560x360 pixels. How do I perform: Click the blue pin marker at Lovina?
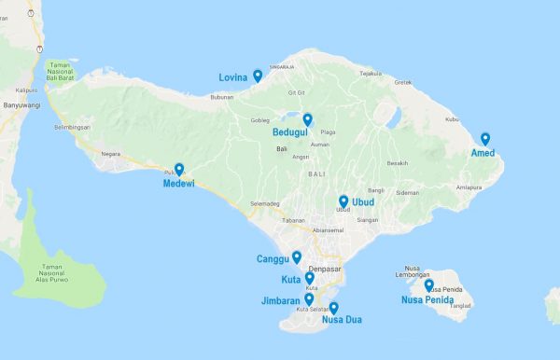(x=257, y=76)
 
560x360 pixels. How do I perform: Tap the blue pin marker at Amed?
(x=485, y=139)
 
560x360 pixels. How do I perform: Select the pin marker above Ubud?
(x=343, y=201)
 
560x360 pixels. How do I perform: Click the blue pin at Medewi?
(x=179, y=170)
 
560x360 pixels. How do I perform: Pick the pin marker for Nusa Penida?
(x=428, y=285)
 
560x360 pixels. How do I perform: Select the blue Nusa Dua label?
(x=341, y=320)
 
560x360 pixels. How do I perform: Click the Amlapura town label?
(x=469, y=187)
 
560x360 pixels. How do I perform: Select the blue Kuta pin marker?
(x=309, y=278)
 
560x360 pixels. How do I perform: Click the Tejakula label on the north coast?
(x=371, y=73)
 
